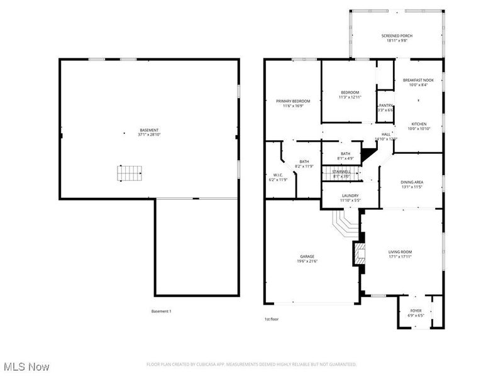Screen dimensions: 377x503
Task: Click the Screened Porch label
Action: pos(397,36)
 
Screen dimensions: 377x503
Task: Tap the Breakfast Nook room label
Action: pos(418,80)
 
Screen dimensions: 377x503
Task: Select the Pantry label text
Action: pos(385,105)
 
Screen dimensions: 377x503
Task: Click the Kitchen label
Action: pos(419,124)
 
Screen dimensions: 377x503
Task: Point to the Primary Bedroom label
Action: pos(293,101)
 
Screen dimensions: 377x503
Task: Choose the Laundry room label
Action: pos(350,195)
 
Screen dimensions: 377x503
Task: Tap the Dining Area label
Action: pos(412,182)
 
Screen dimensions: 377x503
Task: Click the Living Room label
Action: pos(400,251)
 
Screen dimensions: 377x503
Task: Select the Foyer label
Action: pos(416,310)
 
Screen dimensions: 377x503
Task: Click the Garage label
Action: pos(307,256)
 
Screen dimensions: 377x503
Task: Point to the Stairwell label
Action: pos(341,172)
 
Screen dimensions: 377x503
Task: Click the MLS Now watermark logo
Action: pos(26,366)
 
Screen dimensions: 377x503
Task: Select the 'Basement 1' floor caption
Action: pos(161,311)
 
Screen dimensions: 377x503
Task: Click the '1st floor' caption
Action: pos(271,319)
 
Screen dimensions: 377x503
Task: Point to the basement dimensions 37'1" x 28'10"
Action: pos(149,134)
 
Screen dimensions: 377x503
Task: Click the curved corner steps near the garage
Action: pos(345,222)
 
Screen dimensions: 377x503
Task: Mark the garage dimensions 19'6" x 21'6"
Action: pos(307,261)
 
